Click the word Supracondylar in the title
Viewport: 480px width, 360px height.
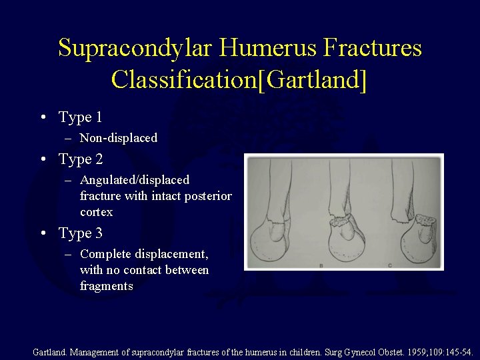[137, 48]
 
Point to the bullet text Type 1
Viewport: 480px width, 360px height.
[80, 117]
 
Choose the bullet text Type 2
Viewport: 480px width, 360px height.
[80, 159]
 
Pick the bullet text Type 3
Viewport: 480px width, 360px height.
[80, 233]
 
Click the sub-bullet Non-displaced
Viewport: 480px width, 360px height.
[118, 138]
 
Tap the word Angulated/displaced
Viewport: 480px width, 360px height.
[134, 180]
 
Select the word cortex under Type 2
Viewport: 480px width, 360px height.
[96, 212]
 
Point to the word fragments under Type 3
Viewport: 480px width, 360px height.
[106, 286]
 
